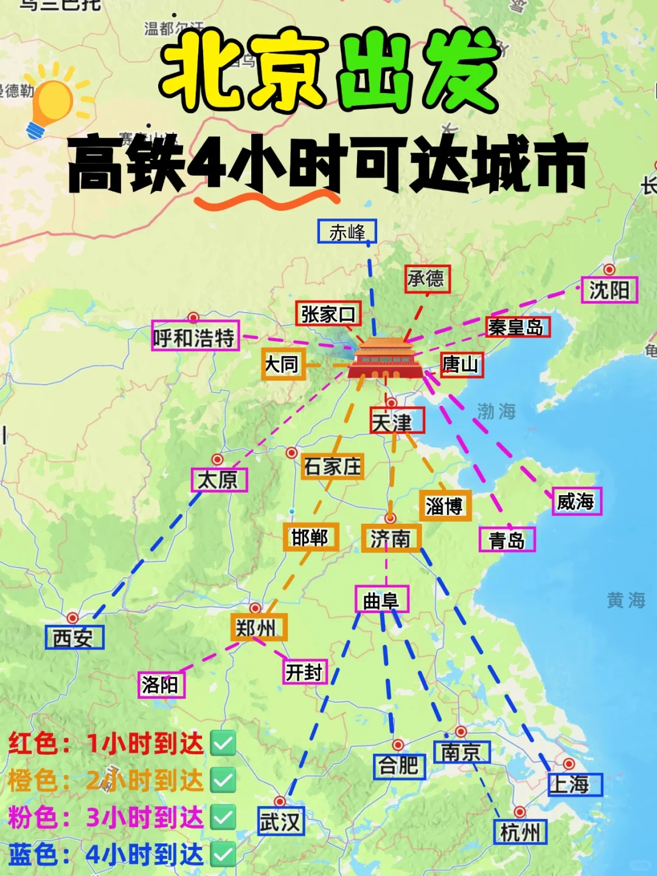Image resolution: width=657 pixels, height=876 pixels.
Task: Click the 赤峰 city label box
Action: (347, 232)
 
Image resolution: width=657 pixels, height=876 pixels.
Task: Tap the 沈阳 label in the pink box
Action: (609, 290)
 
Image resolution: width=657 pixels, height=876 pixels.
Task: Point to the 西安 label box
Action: (75, 638)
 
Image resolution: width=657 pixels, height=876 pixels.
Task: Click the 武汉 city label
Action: (280, 822)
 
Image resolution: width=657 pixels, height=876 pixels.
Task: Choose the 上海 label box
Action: (574, 785)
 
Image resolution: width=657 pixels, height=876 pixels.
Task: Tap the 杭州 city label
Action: (520, 832)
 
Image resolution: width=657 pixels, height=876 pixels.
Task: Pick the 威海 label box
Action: (576, 502)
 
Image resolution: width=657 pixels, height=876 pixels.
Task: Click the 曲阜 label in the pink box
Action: (381, 600)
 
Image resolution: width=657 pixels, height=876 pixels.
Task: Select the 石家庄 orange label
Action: (332, 467)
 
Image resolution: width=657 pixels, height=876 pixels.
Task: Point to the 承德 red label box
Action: (427, 279)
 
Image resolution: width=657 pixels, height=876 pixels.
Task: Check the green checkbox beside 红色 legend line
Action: (223, 743)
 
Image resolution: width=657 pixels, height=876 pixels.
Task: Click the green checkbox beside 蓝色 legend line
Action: (223, 855)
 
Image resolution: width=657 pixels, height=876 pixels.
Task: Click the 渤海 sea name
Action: (496, 412)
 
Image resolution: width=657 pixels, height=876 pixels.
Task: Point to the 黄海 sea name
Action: (625, 600)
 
